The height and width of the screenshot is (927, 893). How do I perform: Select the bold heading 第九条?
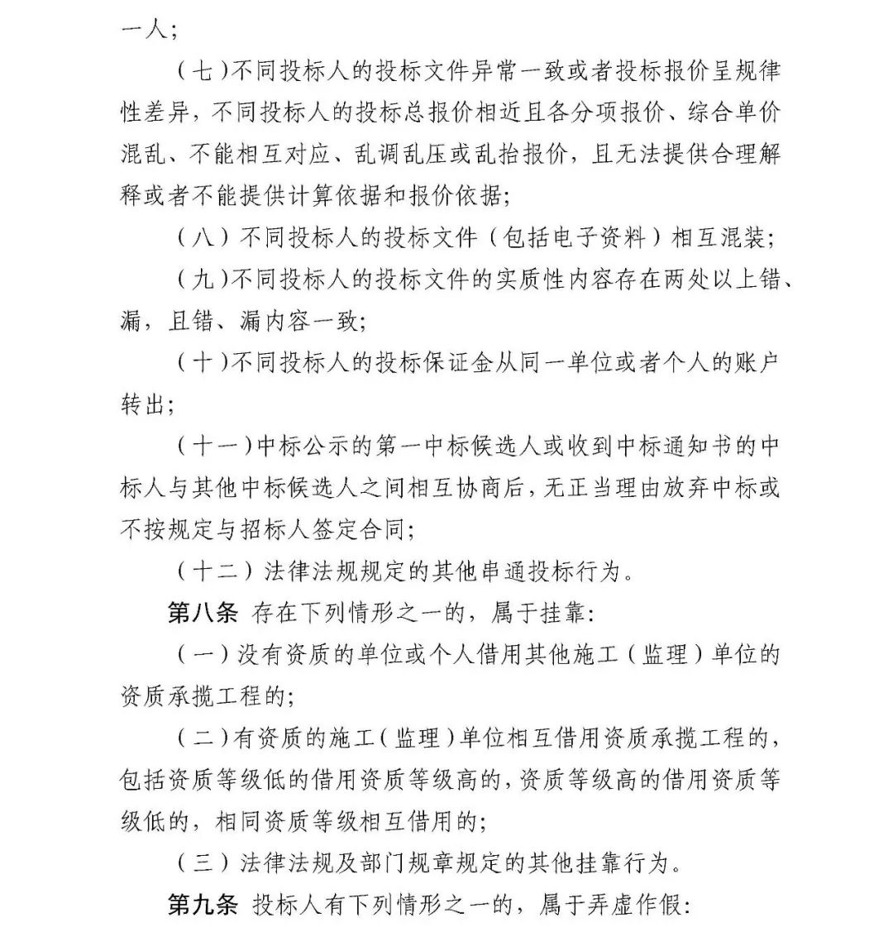coord(203,905)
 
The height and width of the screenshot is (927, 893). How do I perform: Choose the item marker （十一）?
coord(214,446)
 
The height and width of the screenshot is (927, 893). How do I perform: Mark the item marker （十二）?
coord(214,571)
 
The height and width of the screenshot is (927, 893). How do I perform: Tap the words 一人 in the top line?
coord(141,30)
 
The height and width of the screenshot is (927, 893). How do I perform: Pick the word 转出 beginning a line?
coord(141,404)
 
